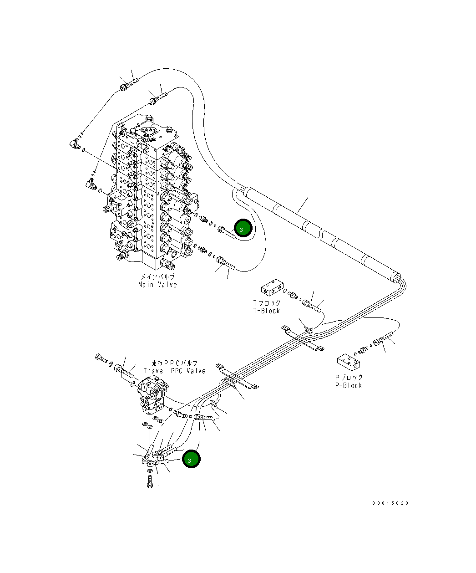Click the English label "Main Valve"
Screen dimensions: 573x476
coord(157,285)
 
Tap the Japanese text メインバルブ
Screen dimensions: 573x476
coord(157,277)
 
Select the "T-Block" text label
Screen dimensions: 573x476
coord(267,311)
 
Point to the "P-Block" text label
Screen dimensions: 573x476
coord(349,385)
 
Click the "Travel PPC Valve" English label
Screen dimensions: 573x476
coord(175,371)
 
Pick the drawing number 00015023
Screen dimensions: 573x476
coord(390,503)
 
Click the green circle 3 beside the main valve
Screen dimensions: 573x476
coord(243,228)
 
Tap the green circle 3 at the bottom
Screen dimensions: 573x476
coord(191,459)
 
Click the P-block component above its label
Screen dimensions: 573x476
coord(349,363)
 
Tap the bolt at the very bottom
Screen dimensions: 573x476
coord(150,482)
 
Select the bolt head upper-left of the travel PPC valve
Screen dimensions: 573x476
coord(100,358)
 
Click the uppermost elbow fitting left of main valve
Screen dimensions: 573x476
coord(73,144)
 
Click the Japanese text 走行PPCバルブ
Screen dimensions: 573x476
coord(175,363)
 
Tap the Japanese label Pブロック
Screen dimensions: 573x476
coord(349,378)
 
